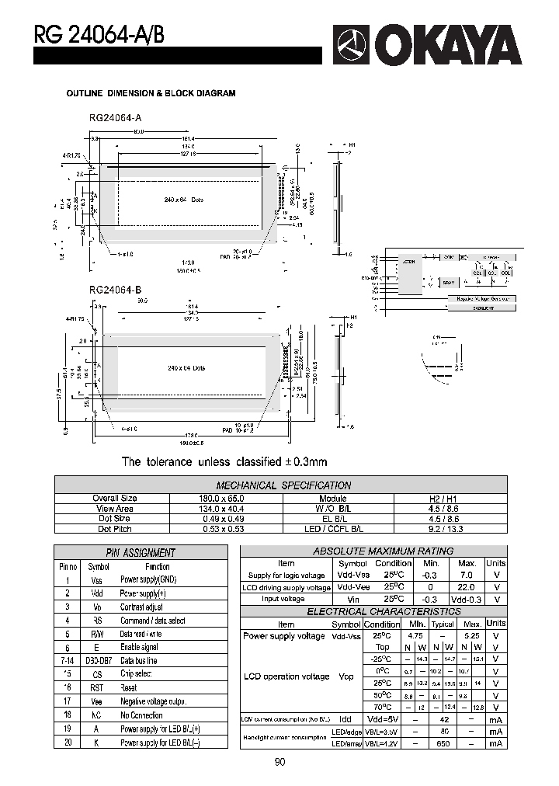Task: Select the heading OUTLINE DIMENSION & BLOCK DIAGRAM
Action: [x=151, y=93]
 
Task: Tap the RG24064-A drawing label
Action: [x=115, y=117]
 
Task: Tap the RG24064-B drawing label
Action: [x=115, y=290]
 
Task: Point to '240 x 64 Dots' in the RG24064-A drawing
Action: [x=185, y=200]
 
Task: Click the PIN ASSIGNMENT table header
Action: [x=140, y=553]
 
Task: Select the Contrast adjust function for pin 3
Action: [x=141, y=607]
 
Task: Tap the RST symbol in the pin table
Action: [x=97, y=688]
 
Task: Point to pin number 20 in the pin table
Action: [x=68, y=743]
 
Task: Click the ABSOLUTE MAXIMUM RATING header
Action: [x=373, y=551]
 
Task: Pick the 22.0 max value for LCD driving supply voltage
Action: [x=467, y=587]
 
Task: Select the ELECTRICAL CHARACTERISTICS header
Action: [x=373, y=612]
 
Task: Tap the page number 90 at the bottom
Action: [x=279, y=762]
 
